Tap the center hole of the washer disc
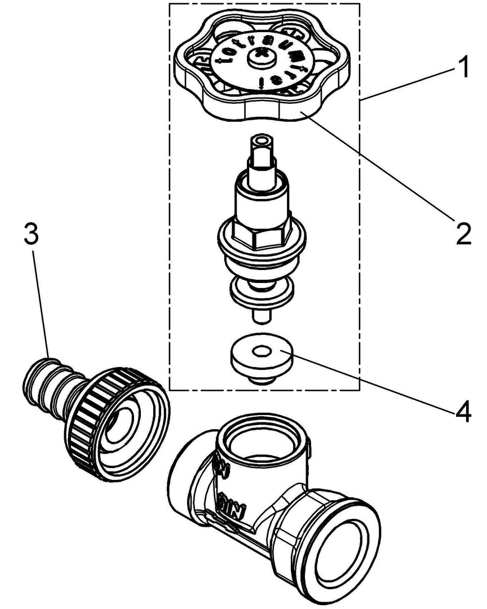coord(260,352)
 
